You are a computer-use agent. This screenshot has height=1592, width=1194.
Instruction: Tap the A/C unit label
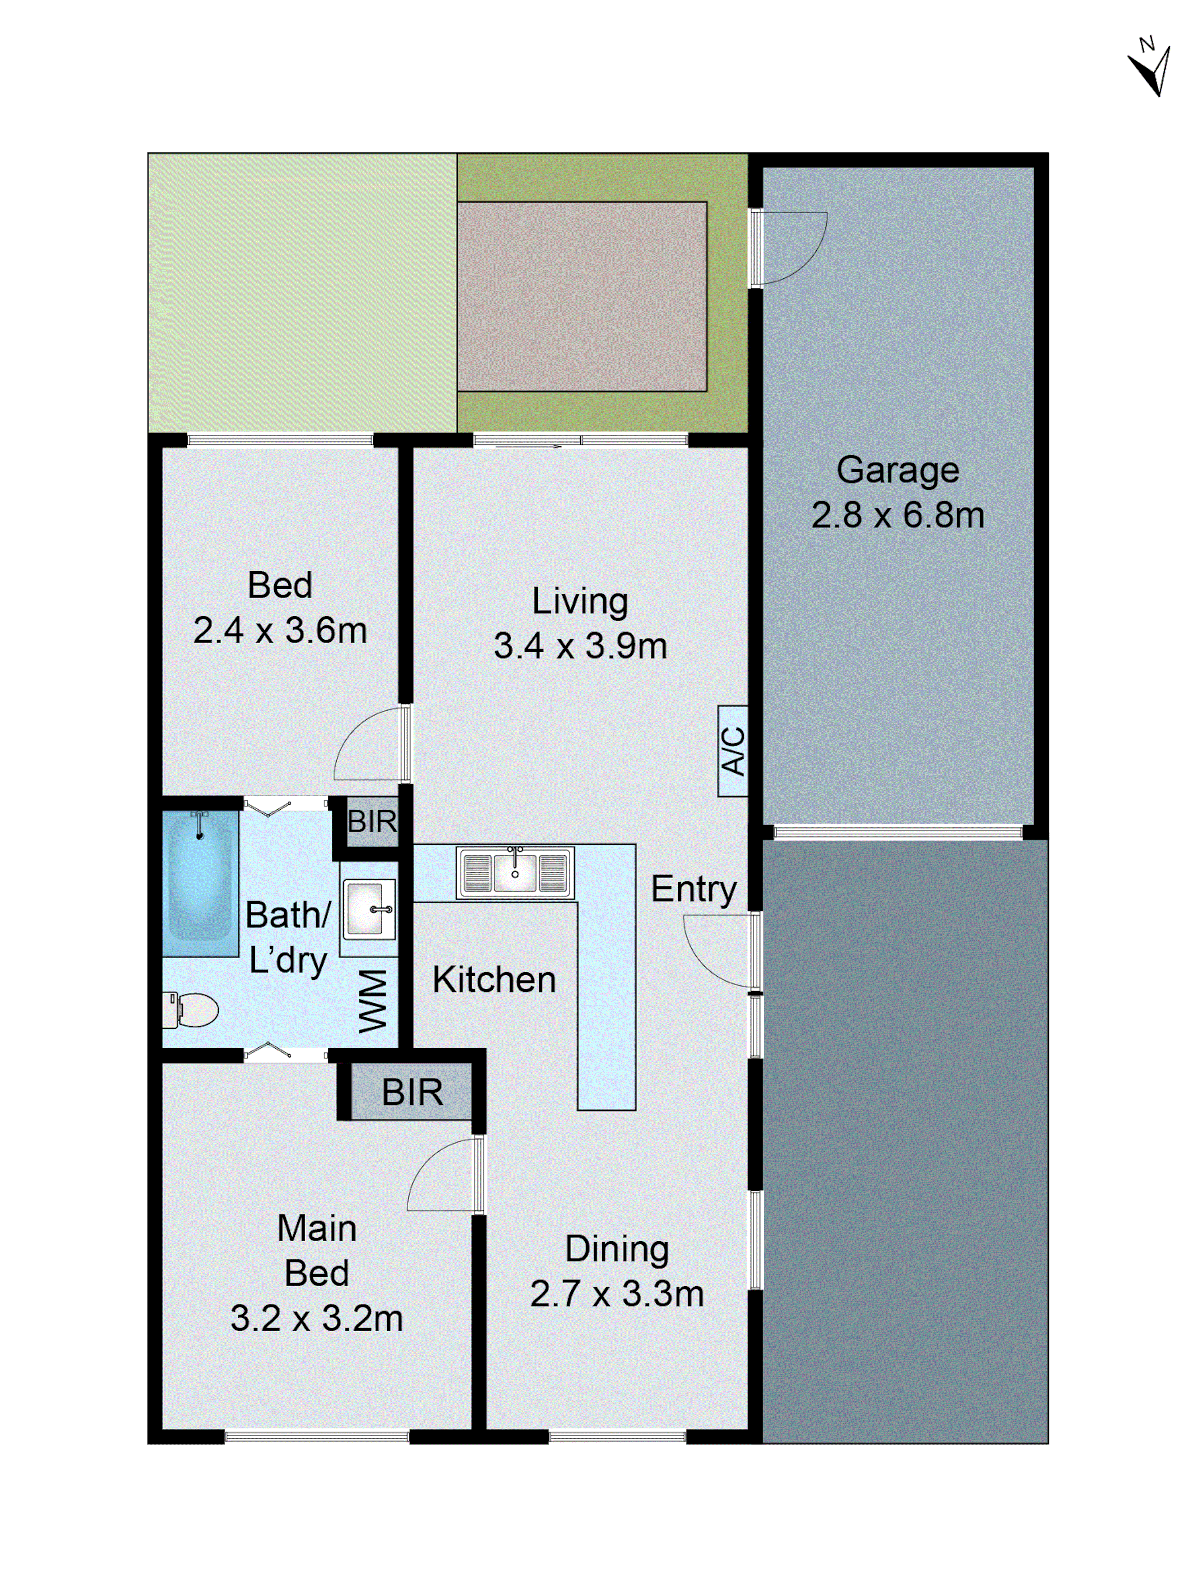[732, 751]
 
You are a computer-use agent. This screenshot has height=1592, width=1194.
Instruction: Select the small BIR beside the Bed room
[371, 821]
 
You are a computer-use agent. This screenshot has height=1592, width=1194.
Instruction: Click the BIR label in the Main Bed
[412, 1092]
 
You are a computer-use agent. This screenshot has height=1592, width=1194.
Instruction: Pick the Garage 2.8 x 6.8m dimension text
[897, 515]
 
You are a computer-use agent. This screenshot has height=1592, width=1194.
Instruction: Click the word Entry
[693, 890]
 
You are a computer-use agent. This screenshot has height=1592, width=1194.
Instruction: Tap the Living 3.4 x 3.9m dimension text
[580, 646]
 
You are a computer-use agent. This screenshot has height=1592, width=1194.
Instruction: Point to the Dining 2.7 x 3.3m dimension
[617, 1294]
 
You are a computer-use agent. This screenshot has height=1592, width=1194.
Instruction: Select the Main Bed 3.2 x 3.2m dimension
[317, 1319]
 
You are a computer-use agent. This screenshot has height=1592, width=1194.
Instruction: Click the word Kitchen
[494, 980]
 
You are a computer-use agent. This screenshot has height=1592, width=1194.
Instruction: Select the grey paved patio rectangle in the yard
[581, 297]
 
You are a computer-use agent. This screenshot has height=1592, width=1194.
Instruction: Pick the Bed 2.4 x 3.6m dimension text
[280, 631]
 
